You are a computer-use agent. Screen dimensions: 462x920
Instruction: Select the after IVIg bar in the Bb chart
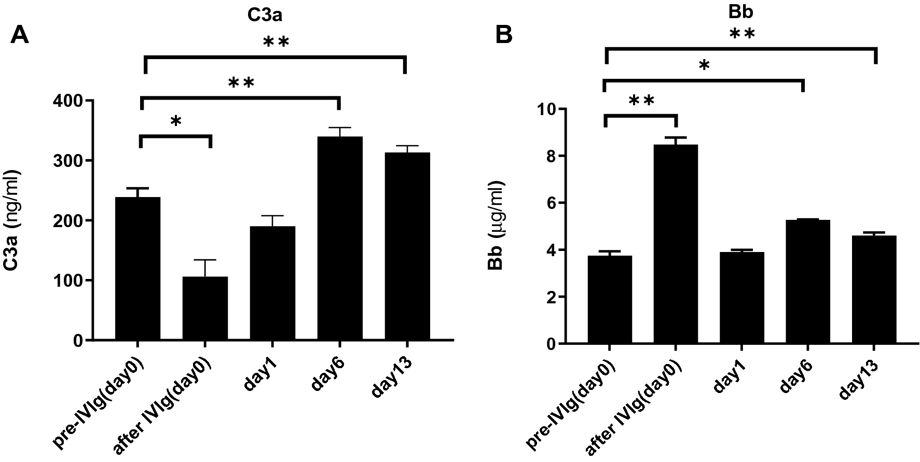coord(676,244)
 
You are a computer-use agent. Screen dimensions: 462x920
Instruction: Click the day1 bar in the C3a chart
coord(272,283)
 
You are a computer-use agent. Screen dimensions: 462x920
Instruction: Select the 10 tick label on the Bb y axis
coord(546,109)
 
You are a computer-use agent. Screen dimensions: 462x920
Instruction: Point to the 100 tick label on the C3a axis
coord(67,281)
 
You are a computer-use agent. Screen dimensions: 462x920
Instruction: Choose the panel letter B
coord(504,35)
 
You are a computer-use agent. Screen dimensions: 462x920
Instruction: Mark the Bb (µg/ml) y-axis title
coord(496,226)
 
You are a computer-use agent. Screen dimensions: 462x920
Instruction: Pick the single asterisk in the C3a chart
coord(176,121)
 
